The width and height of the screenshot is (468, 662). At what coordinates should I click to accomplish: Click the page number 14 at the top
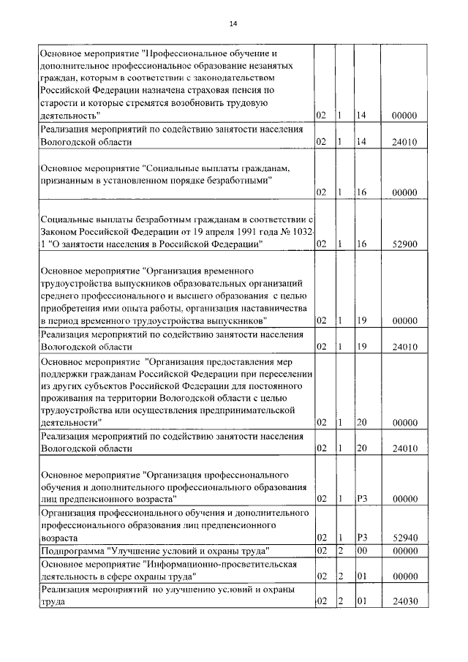233,24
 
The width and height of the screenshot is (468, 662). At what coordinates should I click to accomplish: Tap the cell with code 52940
404,538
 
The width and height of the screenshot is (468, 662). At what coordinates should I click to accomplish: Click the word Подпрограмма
72,550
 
